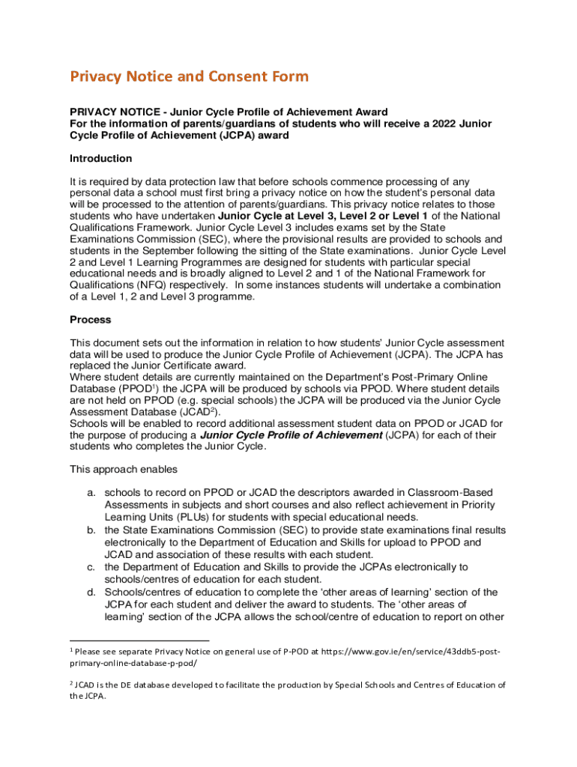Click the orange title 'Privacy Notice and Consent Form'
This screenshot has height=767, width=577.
pos(189,76)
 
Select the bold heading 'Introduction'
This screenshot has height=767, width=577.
pos(100,158)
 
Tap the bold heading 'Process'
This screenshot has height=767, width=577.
pos(90,320)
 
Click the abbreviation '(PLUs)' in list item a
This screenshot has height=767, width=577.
pos(195,517)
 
